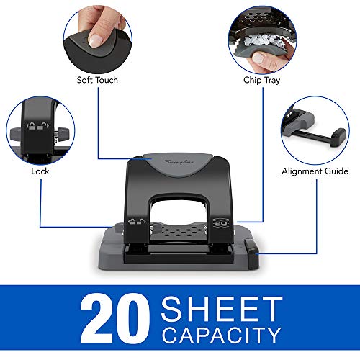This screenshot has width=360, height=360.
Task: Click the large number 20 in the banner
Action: coord(109,316)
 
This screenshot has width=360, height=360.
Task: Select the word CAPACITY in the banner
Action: coord(220,335)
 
